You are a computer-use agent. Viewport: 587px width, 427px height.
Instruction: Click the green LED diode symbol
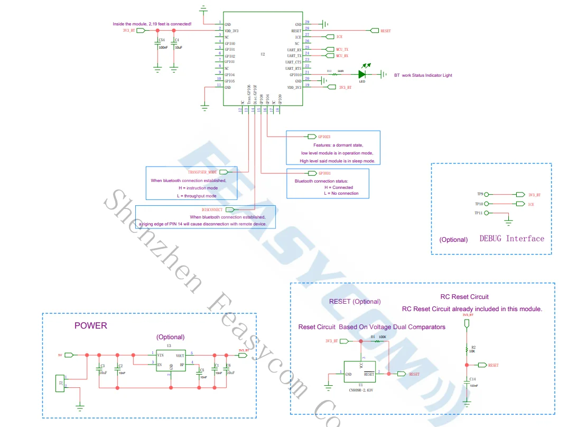click(x=362, y=75)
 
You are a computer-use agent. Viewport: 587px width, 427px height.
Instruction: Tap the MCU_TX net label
click(x=342, y=49)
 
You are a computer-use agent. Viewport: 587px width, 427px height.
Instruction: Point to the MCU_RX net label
click(x=342, y=56)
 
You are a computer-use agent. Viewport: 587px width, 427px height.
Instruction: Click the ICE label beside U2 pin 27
click(x=339, y=37)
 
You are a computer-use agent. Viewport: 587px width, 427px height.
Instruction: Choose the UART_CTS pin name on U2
click(x=294, y=62)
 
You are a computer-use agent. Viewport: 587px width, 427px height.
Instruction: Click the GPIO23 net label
click(x=324, y=137)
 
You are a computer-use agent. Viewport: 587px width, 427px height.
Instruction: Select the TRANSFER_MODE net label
click(x=202, y=172)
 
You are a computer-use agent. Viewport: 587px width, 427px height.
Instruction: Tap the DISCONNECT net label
click(x=212, y=210)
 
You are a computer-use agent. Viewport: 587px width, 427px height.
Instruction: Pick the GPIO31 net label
click(x=324, y=173)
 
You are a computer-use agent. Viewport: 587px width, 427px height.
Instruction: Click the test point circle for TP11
click(x=487, y=213)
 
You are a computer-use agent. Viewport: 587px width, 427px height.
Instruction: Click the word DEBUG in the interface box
click(x=490, y=239)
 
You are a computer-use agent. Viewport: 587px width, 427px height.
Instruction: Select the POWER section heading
click(x=90, y=326)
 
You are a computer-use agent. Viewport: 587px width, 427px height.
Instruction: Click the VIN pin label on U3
click(x=160, y=356)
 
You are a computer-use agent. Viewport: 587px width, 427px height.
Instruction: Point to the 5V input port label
click(x=60, y=355)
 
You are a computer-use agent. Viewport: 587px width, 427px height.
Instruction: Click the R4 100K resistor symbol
click(x=377, y=341)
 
